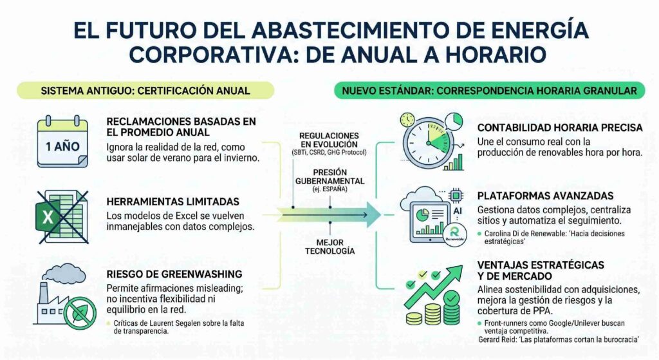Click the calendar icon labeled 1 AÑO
(x=62, y=142)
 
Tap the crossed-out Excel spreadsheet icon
(x=62, y=217)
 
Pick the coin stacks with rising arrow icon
(x=433, y=295)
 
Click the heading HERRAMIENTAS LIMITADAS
(x=172, y=202)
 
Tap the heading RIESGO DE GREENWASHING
(x=174, y=274)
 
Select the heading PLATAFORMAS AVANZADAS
(x=545, y=196)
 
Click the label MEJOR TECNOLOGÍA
(x=330, y=247)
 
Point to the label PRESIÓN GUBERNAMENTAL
(x=330, y=176)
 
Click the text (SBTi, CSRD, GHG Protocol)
(x=329, y=153)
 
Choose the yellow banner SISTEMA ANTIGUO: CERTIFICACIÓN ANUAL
(x=145, y=91)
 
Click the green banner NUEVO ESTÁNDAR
(x=490, y=91)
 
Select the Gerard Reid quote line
(x=559, y=339)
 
